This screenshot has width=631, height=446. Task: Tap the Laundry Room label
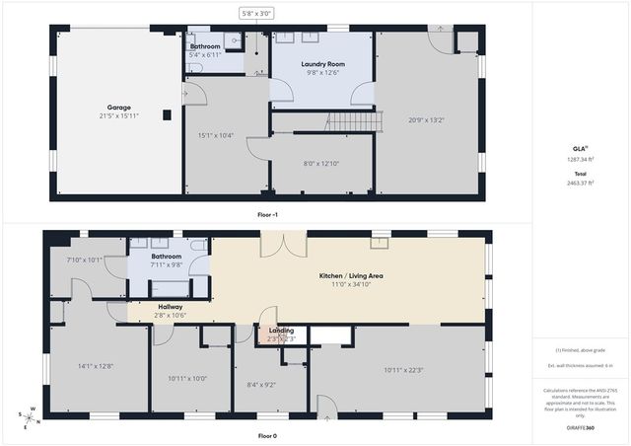tap(321, 64)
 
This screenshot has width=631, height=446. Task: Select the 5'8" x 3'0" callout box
tap(256, 14)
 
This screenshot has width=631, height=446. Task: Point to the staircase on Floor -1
tap(352, 121)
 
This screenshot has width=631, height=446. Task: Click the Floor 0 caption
tap(267, 435)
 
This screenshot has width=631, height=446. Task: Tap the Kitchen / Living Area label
tap(350, 275)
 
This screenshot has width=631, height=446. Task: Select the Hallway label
tap(171, 307)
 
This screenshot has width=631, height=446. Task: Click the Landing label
tap(281, 331)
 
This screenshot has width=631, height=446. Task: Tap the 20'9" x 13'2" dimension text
tap(427, 121)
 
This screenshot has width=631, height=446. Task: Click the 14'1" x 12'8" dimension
tap(97, 366)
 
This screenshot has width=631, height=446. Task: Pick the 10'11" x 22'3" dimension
tap(403, 370)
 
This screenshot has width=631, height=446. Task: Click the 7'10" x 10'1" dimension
tap(84, 260)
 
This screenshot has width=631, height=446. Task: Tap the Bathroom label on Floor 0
tap(166, 257)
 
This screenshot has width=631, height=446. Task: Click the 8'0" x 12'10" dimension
tap(320, 164)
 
